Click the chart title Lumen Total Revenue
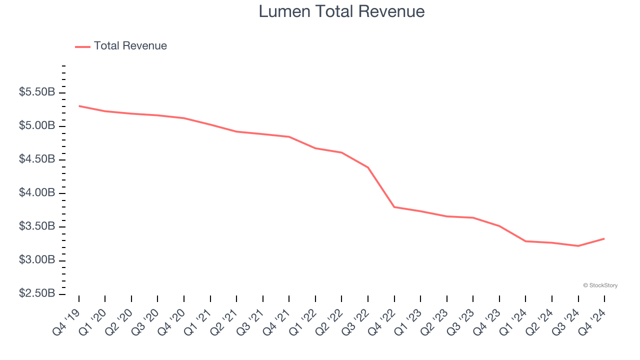coord(341,11)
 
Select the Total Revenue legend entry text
coord(130,46)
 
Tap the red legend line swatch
coord(82,46)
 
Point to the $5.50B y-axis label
coord(37,92)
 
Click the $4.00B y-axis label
coord(37,193)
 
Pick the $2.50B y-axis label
coord(37,293)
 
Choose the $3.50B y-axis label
coord(37,226)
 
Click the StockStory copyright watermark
coord(600,285)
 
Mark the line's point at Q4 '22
coord(394,207)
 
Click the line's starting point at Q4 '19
coord(79,106)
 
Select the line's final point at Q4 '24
coord(604,238)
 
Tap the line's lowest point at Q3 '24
coord(578,246)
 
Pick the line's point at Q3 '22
coord(368,167)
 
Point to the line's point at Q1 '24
coord(525,241)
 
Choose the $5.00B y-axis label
coord(37,126)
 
